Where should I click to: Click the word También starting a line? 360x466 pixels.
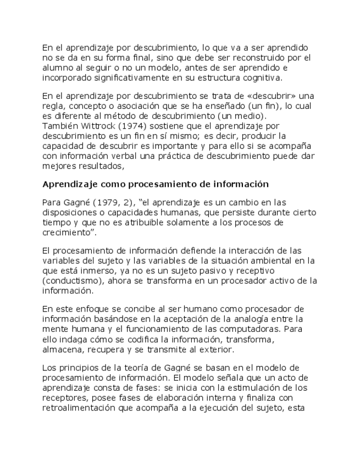57,125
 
